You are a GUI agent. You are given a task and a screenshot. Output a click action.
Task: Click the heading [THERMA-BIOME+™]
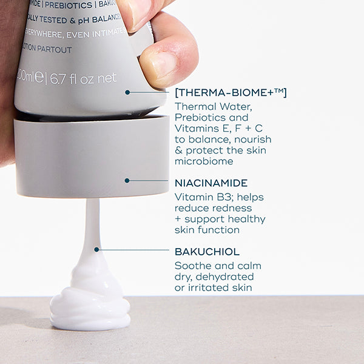click(x=231, y=92)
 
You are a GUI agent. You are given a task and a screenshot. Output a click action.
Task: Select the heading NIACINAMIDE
click(x=211, y=183)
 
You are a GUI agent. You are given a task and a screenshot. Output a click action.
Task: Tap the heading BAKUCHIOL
click(x=207, y=251)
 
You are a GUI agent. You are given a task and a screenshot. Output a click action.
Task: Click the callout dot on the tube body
click(x=127, y=92)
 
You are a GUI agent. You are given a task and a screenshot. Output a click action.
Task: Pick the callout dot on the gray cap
click(x=127, y=180)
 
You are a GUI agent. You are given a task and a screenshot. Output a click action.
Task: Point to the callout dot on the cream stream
click(x=96, y=249)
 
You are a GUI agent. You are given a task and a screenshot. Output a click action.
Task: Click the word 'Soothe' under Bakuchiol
click(x=192, y=266)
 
